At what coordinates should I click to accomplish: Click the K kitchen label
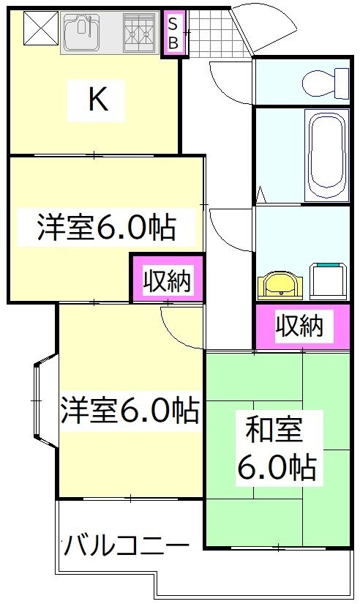click(98, 100)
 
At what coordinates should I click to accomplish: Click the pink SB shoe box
click(173, 34)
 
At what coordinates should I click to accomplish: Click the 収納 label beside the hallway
click(166, 279)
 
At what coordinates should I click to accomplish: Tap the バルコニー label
click(126, 545)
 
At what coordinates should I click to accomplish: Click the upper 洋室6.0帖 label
click(106, 228)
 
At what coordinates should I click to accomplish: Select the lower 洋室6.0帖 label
click(129, 410)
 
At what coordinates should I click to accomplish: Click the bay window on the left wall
click(42, 402)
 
